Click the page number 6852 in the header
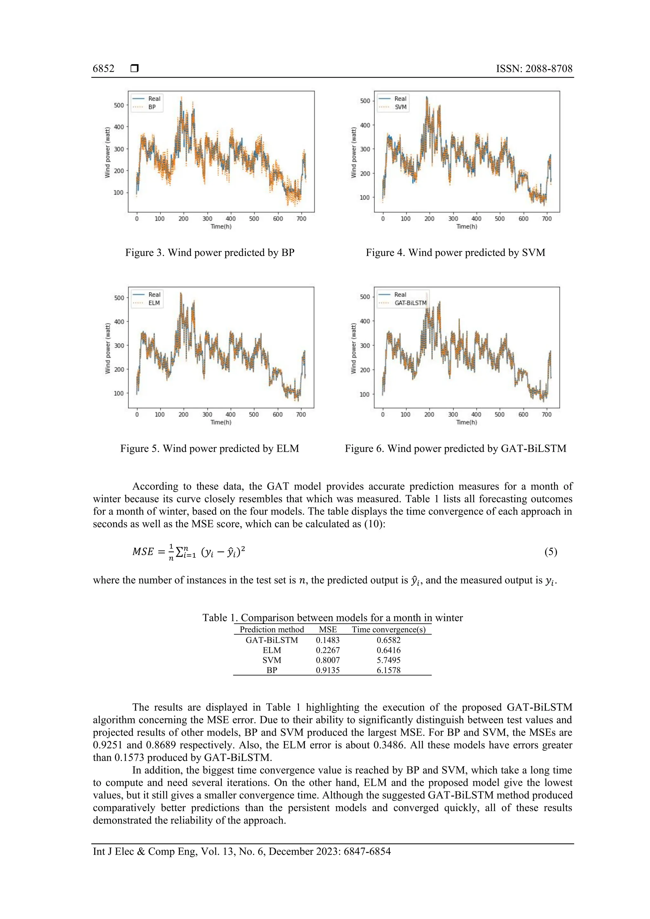click(x=103, y=69)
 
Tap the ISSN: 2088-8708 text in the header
click(x=534, y=69)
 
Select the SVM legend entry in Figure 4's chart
click(x=400, y=107)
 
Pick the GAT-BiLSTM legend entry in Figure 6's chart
click(x=410, y=303)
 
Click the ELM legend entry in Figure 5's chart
click(x=154, y=303)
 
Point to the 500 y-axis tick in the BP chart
click(x=119, y=105)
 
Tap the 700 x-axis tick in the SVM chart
click(x=546, y=219)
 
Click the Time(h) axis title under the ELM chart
click(x=221, y=422)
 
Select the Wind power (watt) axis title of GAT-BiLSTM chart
click(x=353, y=348)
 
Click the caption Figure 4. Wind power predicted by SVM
click(x=455, y=253)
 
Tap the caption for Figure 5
click(x=209, y=448)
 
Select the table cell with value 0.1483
click(x=328, y=640)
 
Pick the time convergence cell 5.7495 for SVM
click(x=388, y=660)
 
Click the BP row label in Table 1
click(x=272, y=670)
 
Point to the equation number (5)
click(x=550, y=552)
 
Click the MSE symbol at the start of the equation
click(x=143, y=552)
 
